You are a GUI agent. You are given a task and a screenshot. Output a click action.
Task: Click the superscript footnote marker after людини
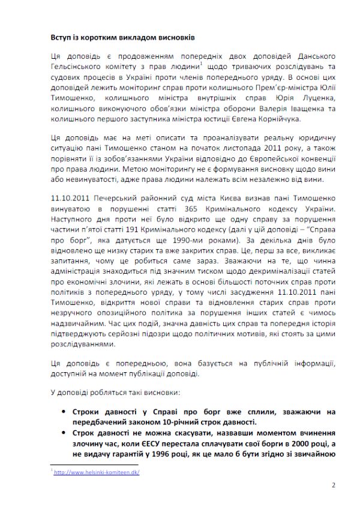click(202, 64)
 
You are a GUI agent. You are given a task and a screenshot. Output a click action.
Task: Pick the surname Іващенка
click(288, 107)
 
